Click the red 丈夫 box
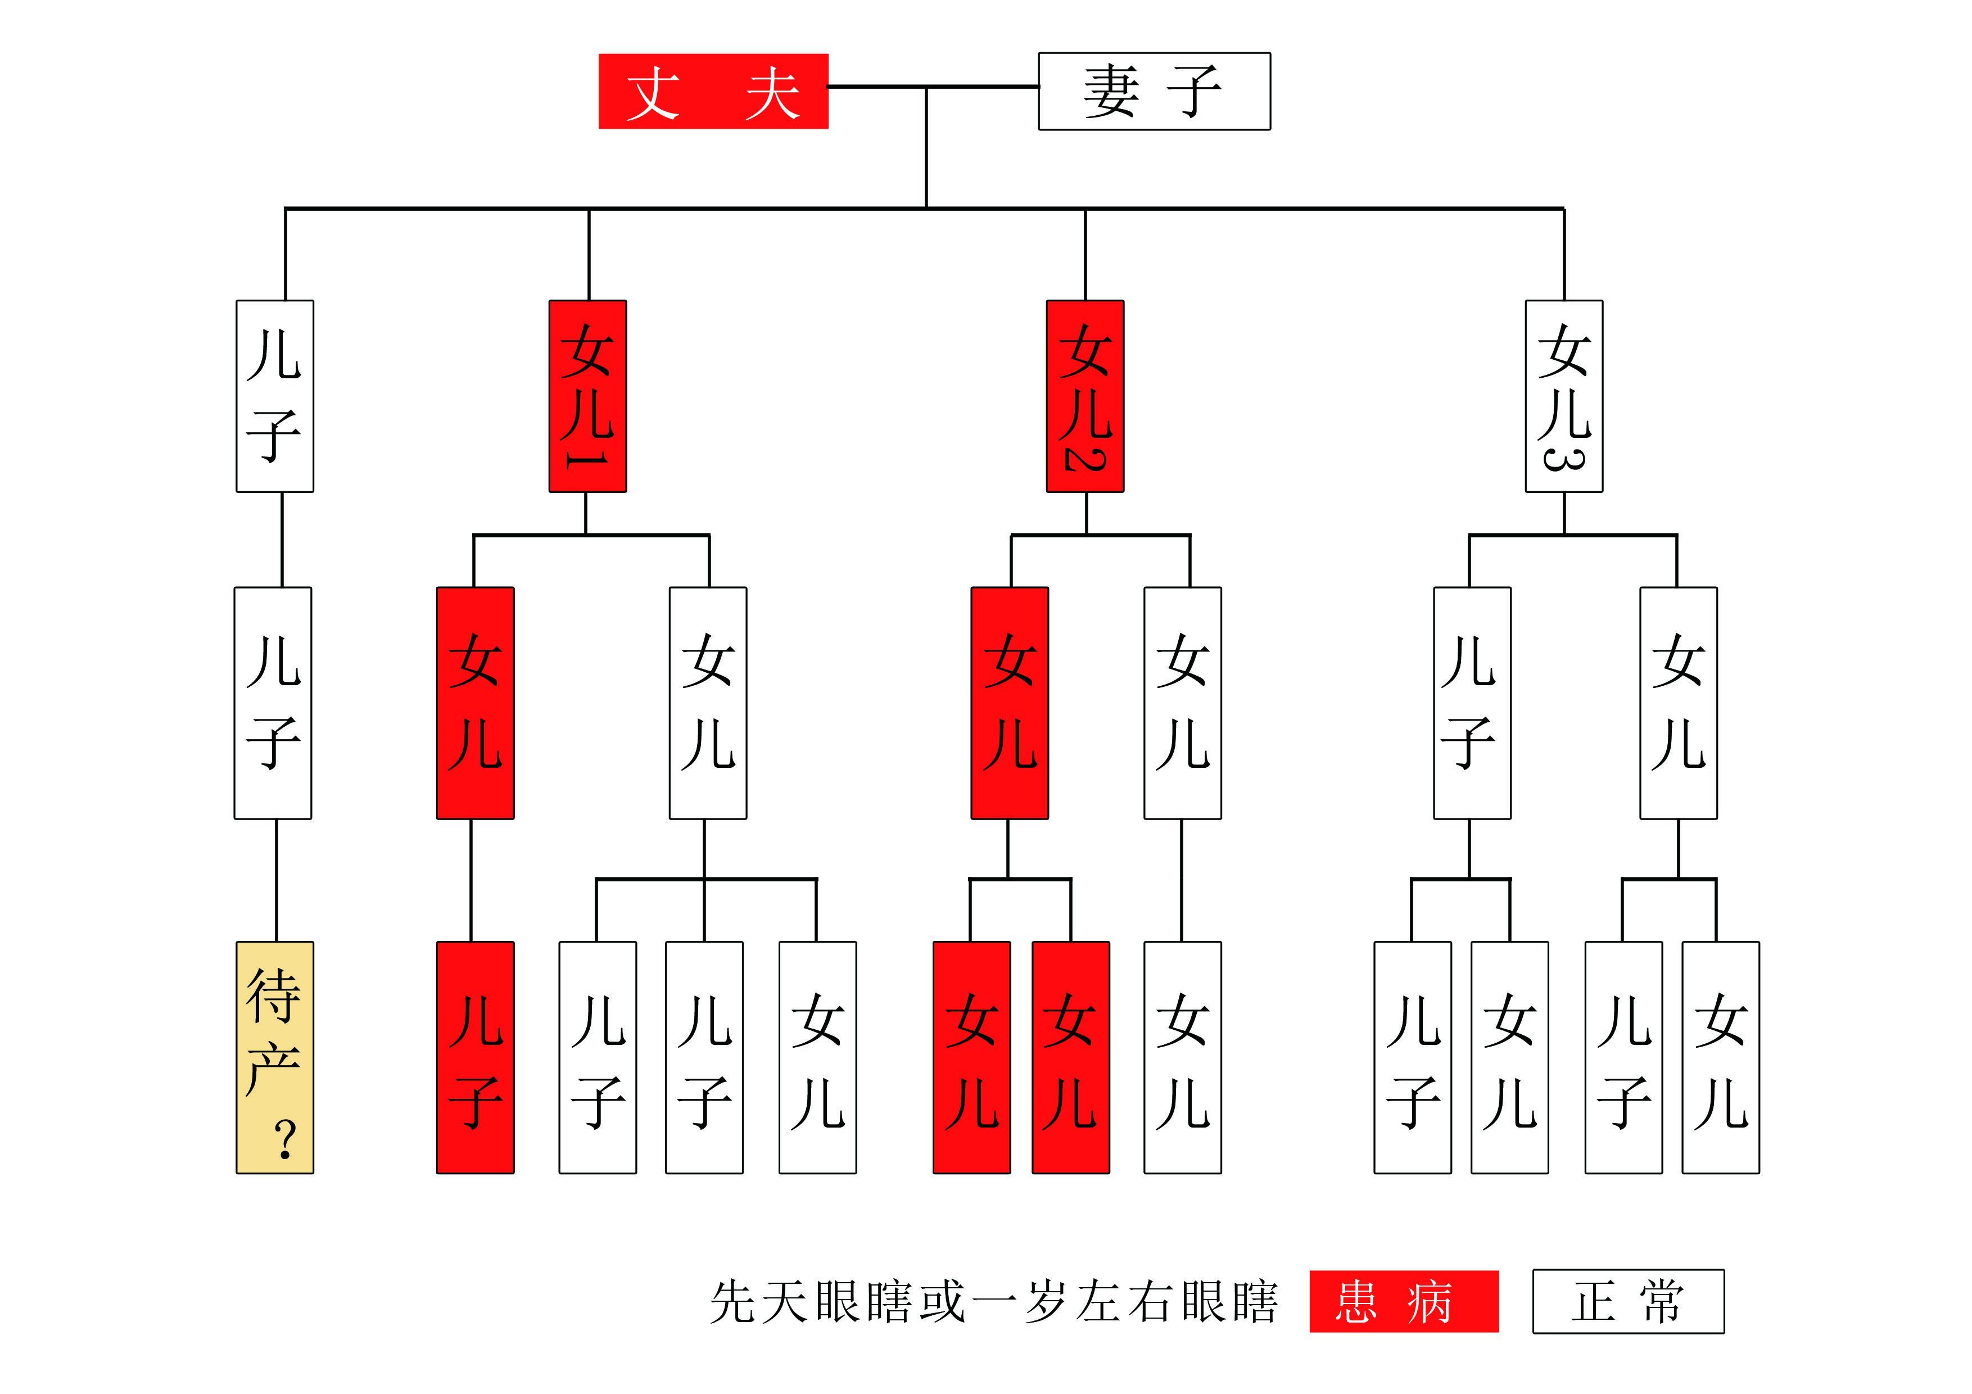[x=713, y=91]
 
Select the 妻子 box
[x=1154, y=91]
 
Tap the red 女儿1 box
[x=587, y=396]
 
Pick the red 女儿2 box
[x=1085, y=396]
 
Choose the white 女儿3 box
[x=1563, y=396]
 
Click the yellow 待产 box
[x=275, y=1056]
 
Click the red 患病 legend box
[x=1404, y=1301]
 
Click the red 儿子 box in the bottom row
[x=475, y=1056]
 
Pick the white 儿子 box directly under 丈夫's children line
[x=275, y=396]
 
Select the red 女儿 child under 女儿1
[x=475, y=703]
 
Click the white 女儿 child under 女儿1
[x=708, y=703]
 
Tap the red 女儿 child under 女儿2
[x=1009, y=703]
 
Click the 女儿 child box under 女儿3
[x=1678, y=703]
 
